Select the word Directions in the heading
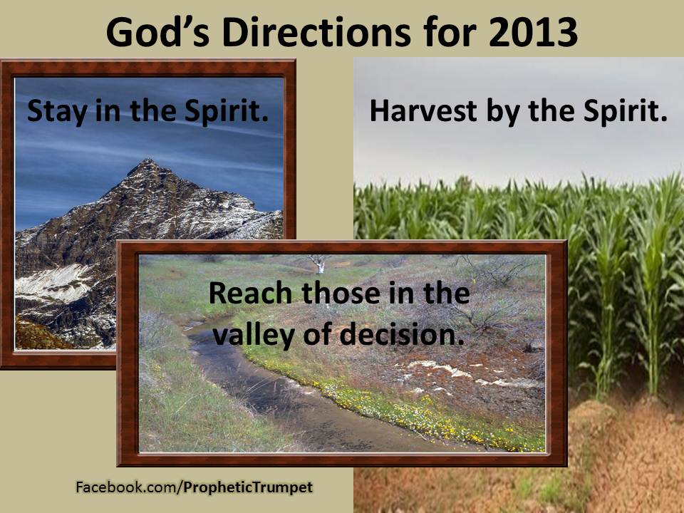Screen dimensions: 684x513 pyautogui.click(x=316, y=32)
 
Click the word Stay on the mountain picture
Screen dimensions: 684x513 pyautogui.click(x=57, y=112)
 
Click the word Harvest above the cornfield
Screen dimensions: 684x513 pyautogui.click(x=423, y=111)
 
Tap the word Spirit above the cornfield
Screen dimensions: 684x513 pyautogui.click(x=625, y=112)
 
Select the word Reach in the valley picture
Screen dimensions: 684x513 pyautogui.click(x=250, y=293)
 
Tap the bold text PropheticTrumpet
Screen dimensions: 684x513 pyautogui.click(x=248, y=487)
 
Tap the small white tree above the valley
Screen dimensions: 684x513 pyautogui.click(x=320, y=263)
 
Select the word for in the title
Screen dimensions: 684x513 pyautogui.click(x=449, y=32)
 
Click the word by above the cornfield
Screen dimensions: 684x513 pyautogui.click(x=502, y=113)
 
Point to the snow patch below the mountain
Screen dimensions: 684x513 pyautogui.click(x=55, y=282)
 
